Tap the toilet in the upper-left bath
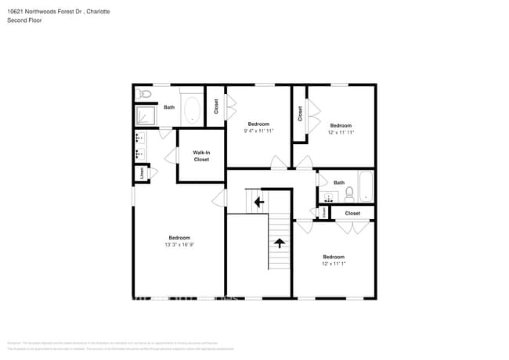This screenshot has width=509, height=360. coord(143,94)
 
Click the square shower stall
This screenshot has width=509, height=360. coord(146,117)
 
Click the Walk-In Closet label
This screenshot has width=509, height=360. coord(201,156)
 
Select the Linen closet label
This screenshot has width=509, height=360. coord(142,172)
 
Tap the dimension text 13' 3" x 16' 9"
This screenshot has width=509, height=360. coord(179,245)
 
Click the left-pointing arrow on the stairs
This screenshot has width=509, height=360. coord(258,202)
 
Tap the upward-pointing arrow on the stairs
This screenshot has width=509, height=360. coord(279,243)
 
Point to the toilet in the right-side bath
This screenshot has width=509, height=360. coord(349,193)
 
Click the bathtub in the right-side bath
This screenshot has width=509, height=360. coord(366,188)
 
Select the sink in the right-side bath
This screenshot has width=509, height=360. coord(330,196)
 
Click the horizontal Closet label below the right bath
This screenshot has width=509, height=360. coord(352,213)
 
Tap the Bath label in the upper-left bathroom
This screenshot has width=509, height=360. coord(169,107)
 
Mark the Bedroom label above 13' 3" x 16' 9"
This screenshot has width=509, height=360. coord(179,237)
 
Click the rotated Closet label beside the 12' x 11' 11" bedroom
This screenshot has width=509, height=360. coord(300,114)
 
